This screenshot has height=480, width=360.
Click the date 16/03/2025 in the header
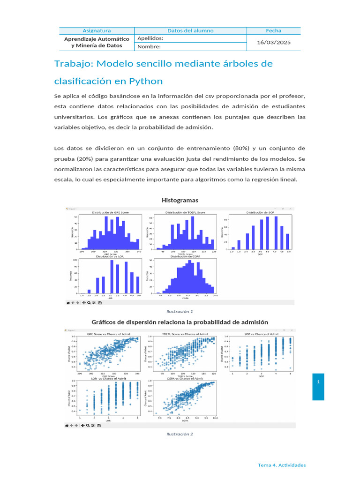(274, 42)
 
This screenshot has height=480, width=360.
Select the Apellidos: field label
(150, 38)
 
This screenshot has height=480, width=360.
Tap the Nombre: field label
(149, 46)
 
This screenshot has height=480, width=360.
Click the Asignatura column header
(97, 30)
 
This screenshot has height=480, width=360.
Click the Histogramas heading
(180, 200)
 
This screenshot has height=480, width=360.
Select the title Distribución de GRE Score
(110, 213)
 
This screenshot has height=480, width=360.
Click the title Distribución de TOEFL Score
(185, 213)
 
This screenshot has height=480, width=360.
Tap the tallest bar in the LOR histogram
(112, 277)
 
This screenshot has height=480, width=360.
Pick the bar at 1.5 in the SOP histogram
(239, 244)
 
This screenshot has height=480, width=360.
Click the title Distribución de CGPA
(185, 256)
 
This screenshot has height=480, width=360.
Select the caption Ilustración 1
(180, 311)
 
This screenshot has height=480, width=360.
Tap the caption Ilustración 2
(180, 434)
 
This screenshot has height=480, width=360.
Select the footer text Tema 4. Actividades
(282, 465)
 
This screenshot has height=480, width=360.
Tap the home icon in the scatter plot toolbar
(67, 426)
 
